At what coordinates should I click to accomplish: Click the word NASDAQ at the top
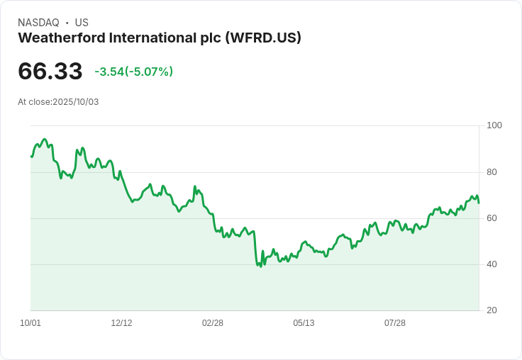[x=38, y=23]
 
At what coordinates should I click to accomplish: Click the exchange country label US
[x=82, y=23]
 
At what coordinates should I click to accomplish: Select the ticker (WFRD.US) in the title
[x=262, y=38]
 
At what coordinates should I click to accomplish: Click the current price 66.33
[x=50, y=71]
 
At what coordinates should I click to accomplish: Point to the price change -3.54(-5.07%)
[x=134, y=72]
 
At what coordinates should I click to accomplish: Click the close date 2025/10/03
[x=76, y=102]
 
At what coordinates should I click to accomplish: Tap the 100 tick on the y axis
[x=494, y=125]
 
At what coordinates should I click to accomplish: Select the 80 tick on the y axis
[x=492, y=172]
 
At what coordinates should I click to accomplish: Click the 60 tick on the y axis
[x=492, y=218]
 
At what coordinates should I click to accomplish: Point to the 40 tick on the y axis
[x=492, y=264]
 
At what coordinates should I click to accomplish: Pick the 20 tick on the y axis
[x=492, y=310]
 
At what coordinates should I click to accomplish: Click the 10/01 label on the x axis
[x=30, y=323]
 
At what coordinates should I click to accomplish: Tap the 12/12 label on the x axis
[x=121, y=323]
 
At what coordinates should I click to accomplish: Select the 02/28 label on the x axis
[x=213, y=323]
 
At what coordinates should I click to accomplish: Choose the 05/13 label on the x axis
[x=304, y=323]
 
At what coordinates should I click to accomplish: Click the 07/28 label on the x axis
[x=395, y=323]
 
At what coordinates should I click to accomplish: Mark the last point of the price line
[x=479, y=203]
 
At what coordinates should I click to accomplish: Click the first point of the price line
[x=31, y=157]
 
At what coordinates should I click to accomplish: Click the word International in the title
[x=163, y=38]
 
